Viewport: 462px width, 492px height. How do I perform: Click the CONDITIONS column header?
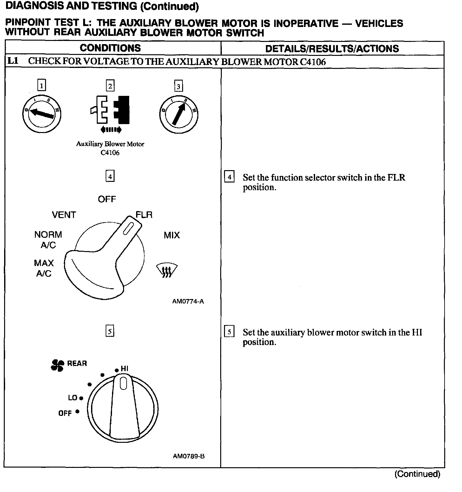(x=110, y=48)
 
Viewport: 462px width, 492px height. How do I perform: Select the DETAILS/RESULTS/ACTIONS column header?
(x=332, y=49)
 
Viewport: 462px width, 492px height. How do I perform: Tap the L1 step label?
(x=13, y=61)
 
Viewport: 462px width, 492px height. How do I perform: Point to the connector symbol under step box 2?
(x=110, y=110)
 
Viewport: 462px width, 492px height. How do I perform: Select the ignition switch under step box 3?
(x=178, y=114)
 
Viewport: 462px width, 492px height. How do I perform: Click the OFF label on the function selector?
(x=107, y=199)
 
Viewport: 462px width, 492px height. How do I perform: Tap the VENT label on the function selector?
(x=64, y=215)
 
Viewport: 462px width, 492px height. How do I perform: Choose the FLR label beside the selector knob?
(x=144, y=215)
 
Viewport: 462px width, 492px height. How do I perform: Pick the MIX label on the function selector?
(x=172, y=235)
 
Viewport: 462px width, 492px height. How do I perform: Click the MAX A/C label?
(x=44, y=268)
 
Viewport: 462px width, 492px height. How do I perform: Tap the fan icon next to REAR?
(x=57, y=365)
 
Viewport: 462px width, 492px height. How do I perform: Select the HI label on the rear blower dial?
(x=124, y=369)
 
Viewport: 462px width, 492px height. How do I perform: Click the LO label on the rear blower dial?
(x=73, y=398)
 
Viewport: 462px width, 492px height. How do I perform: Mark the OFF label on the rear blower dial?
(x=65, y=413)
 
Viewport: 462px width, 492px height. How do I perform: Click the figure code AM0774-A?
(x=188, y=301)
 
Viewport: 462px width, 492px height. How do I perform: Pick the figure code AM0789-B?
(x=188, y=456)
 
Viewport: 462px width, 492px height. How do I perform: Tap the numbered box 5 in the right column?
(x=229, y=332)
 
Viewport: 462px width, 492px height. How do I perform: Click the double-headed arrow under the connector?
(x=110, y=129)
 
